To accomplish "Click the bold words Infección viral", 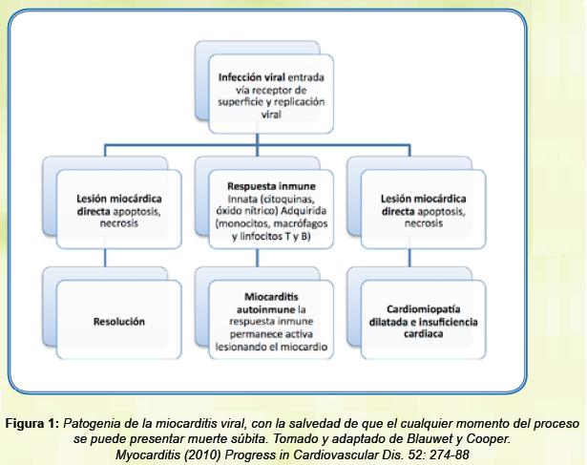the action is [252, 77].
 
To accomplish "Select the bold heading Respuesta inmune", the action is [271, 186].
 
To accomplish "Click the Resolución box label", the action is [119, 322].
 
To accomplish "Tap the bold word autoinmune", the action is [265, 309].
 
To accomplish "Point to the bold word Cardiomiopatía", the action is [423, 309].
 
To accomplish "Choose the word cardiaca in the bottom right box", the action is [423, 334].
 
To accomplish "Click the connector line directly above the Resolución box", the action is [105, 258].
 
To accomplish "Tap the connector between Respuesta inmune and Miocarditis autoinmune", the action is [257, 258].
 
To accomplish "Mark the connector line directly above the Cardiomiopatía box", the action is [409, 258].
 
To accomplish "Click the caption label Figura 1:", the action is [32, 424].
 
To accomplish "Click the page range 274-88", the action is [450, 454].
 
